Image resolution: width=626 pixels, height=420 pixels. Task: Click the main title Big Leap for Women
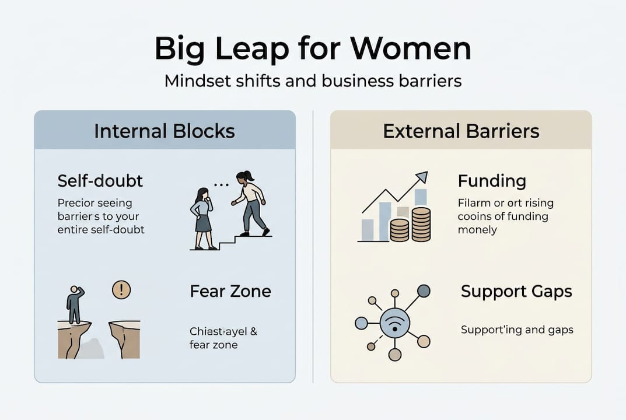click(x=313, y=49)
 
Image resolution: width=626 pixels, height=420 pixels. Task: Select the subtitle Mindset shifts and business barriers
click(x=313, y=80)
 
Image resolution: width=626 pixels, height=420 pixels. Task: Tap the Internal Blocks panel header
click(x=165, y=131)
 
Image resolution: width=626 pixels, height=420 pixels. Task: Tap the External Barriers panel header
click(x=461, y=131)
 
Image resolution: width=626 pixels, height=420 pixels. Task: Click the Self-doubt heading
click(x=100, y=181)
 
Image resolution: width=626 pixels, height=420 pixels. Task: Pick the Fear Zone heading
click(x=230, y=291)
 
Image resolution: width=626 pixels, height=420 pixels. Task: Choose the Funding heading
click(x=492, y=181)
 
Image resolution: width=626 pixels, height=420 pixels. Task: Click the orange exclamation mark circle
click(x=121, y=289)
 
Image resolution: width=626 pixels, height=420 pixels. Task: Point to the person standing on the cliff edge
click(x=74, y=304)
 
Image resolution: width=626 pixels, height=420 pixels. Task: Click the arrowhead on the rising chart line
click(x=421, y=177)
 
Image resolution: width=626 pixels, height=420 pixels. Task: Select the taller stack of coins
click(x=420, y=224)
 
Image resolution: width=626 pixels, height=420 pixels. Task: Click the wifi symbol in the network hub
click(x=394, y=323)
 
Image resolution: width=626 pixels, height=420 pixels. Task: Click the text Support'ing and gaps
click(x=517, y=330)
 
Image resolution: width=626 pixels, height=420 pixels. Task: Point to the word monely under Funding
click(x=477, y=229)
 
